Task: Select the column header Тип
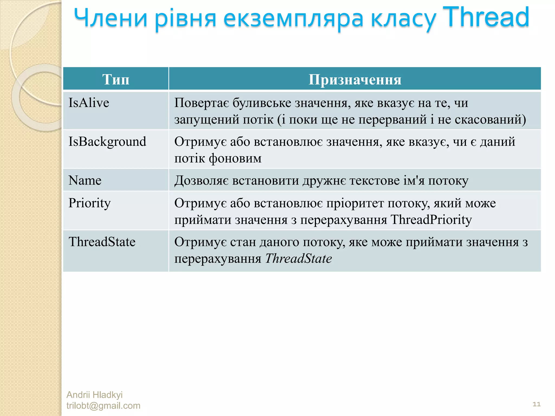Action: pyautogui.click(x=116, y=79)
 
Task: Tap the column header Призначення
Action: pyautogui.click(x=355, y=79)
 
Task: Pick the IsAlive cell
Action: pyautogui.click(x=89, y=103)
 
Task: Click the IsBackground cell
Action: pyautogui.click(x=107, y=142)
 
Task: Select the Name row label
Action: pyautogui.click(x=85, y=180)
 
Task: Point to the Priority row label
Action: pyautogui.click(x=89, y=203)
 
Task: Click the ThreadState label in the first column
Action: pyautogui.click(x=102, y=242)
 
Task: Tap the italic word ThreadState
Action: pyautogui.click(x=298, y=258)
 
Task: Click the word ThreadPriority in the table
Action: pyautogui.click(x=431, y=220)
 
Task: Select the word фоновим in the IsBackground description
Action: pyautogui.click(x=235, y=158)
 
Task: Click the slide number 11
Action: pyautogui.click(x=536, y=404)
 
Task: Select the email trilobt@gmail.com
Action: pyautogui.click(x=103, y=406)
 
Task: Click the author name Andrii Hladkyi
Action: pyautogui.click(x=94, y=395)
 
